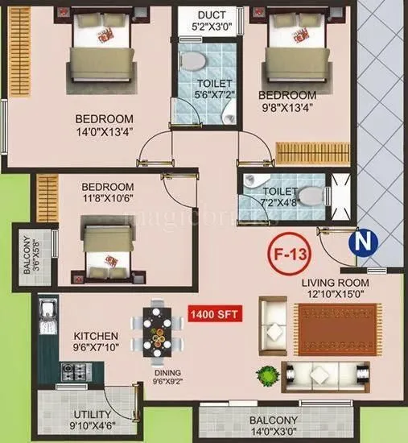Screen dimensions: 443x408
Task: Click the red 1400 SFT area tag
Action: point(213,315)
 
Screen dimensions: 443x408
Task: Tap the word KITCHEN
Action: point(96,335)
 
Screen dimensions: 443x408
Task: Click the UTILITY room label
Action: point(82,414)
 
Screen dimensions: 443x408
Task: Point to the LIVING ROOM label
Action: point(336,284)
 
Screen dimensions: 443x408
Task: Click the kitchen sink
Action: point(47,309)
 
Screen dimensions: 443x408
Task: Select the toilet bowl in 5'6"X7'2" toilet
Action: point(193,62)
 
